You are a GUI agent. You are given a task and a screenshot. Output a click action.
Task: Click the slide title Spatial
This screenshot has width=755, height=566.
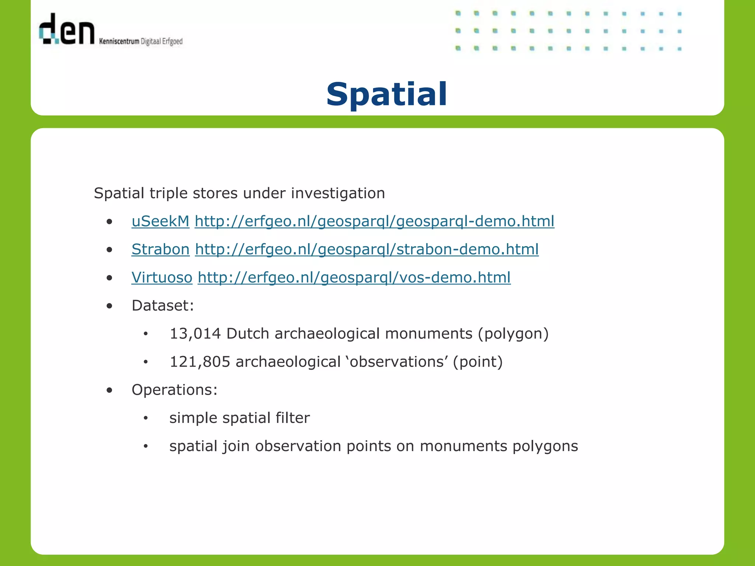pos(386,95)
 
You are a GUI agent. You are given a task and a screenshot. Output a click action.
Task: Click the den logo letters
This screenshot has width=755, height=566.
pos(67,29)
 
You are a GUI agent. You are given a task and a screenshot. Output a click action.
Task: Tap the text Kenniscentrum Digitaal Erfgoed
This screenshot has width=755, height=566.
pos(141,41)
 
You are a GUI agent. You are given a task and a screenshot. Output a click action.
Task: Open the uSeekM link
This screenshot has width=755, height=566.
pos(160,221)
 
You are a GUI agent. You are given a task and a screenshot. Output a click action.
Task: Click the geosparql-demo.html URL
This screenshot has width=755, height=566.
pos(374,221)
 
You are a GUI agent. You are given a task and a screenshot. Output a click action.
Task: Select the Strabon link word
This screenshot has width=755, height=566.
pos(160,249)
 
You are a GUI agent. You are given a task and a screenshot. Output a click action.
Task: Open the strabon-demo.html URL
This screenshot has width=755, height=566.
pos(367,249)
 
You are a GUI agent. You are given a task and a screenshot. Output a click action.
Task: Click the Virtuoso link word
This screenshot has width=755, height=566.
pos(162,277)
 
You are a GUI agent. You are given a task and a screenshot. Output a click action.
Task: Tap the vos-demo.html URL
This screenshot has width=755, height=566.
pos(354,277)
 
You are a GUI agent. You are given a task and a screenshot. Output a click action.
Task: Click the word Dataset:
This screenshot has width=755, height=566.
pos(163,305)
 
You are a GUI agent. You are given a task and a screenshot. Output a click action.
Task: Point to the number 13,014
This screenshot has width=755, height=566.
pos(195,334)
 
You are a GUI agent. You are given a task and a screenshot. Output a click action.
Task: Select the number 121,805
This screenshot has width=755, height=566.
pos(200,362)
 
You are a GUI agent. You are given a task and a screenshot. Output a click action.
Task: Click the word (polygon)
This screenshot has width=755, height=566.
pos(513,334)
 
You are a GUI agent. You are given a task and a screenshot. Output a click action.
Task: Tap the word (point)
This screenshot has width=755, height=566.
pos(478,362)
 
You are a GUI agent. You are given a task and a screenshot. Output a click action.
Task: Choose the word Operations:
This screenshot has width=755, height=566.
pos(174,390)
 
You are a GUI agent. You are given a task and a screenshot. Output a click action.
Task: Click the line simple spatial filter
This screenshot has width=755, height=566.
pos(239,418)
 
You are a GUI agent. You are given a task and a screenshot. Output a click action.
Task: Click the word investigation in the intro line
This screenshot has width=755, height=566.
pos(338,193)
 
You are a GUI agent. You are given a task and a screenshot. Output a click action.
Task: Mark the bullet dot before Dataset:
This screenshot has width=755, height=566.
pos(109,306)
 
